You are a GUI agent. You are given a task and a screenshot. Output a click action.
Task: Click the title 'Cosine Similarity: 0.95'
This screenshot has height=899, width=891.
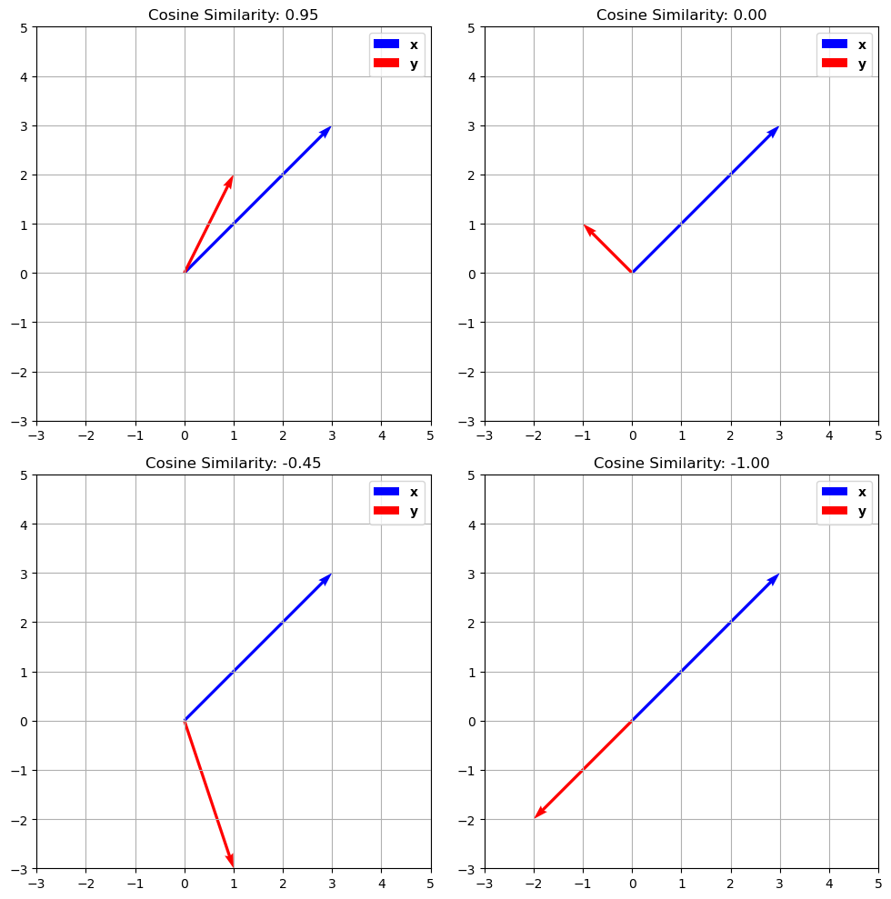click(x=234, y=15)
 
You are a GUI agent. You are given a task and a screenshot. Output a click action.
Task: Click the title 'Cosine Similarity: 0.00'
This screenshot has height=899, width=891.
click(x=681, y=15)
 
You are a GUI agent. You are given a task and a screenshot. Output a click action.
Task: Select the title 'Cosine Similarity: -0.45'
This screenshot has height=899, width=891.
click(x=234, y=463)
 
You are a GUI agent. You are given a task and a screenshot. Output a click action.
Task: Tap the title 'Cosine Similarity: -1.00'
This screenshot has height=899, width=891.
click(x=681, y=463)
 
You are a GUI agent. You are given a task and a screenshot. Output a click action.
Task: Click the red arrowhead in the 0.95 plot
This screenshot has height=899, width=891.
click(x=231, y=180)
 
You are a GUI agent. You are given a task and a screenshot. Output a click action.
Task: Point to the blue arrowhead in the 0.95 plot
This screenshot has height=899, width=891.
click(x=327, y=130)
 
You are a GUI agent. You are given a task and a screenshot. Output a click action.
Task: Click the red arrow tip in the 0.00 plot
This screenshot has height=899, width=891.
click(x=586, y=227)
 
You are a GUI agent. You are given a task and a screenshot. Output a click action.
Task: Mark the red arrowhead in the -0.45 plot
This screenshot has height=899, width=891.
click(x=232, y=862)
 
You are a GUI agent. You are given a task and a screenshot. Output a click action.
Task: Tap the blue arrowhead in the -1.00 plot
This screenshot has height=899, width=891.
click(x=776, y=578)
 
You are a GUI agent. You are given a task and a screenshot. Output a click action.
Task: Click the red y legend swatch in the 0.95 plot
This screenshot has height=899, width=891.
click(x=386, y=64)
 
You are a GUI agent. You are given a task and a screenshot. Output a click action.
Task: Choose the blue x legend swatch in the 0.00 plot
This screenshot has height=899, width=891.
click(x=834, y=44)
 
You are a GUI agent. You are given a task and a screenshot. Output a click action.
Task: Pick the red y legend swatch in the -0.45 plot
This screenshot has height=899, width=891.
click(x=386, y=511)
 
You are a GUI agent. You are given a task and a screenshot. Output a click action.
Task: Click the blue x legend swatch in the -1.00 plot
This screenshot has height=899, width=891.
click(x=834, y=492)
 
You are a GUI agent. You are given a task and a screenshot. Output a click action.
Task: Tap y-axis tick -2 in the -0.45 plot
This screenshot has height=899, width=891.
click(x=21, y=820)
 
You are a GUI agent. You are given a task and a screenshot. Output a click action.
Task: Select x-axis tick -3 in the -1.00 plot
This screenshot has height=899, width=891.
click(x=485, y=883)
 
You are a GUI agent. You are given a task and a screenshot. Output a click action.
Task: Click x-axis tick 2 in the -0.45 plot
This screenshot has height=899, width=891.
click(x=283, y=883)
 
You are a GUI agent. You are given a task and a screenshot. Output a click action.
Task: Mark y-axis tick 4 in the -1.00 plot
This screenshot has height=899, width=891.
click(x=472, y=524)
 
